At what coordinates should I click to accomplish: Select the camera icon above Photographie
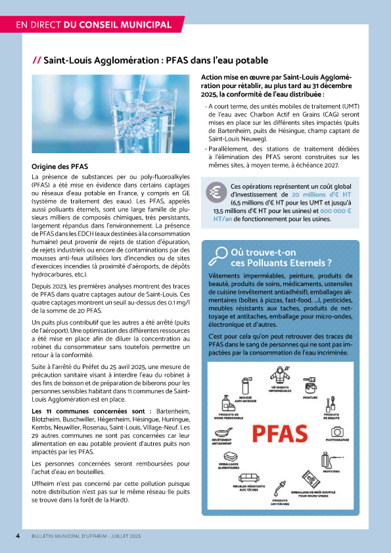pos(336,431)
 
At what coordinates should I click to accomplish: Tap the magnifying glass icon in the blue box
pos(217,253)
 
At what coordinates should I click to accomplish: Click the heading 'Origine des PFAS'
pos(60,166)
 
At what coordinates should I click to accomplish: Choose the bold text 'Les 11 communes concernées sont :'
pos(91,410)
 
